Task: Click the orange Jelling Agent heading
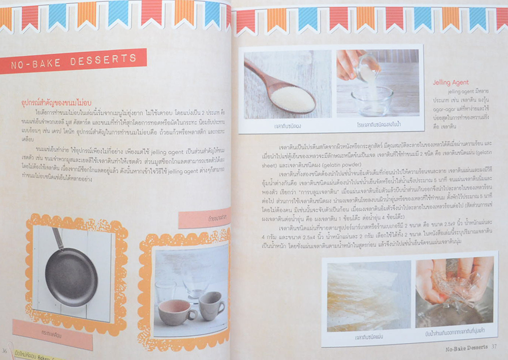[451, 82]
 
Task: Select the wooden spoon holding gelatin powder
[284, 89]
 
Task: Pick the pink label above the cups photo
[204, 218]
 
